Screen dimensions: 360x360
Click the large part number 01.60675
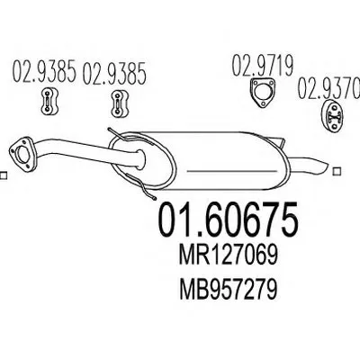[229, 220]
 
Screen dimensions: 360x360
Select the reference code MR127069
[228, 256]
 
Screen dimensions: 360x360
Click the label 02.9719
[263, 66]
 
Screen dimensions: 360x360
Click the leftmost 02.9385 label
[43, 72]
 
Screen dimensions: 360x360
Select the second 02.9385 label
[114, 73]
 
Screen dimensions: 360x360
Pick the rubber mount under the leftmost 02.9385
[49, 101]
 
